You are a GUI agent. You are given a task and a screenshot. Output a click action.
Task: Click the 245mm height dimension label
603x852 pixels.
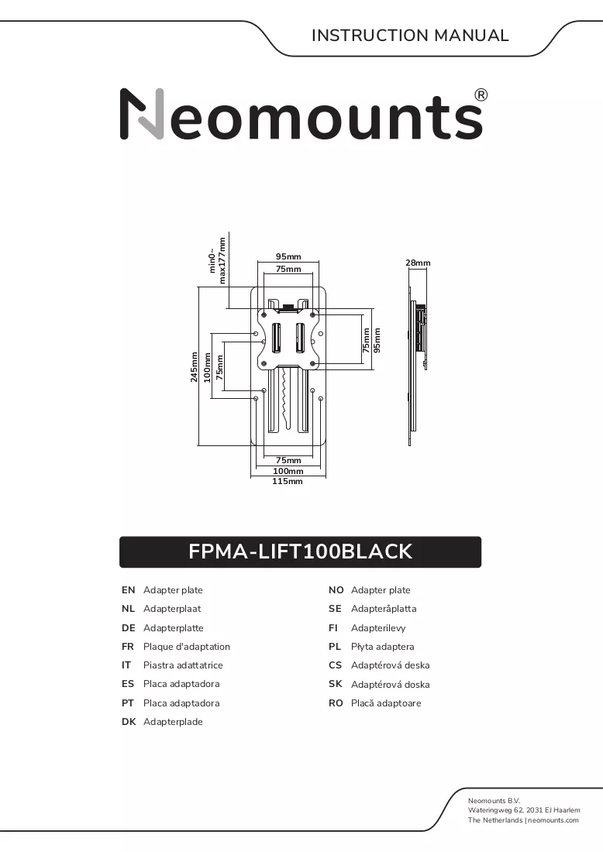click(194, 367)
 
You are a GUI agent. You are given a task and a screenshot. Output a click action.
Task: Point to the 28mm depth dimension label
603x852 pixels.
click(418, 263)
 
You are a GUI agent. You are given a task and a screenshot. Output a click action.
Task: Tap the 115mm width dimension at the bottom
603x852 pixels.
click(288, 482)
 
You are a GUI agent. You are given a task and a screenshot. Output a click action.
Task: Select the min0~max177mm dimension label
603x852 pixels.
click(217, 261)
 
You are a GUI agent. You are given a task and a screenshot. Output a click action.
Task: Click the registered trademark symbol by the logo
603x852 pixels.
click(481, 95)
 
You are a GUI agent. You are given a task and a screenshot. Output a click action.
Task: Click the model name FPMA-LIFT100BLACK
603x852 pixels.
click(300, 551)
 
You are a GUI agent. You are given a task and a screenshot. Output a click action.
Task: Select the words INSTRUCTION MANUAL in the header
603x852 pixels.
click(410, 36)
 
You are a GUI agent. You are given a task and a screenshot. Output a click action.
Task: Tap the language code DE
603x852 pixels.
click(129, 628)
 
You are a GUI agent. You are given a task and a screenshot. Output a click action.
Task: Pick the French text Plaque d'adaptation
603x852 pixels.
click(187, 647)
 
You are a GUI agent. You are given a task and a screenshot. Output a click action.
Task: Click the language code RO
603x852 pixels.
click(336, 703)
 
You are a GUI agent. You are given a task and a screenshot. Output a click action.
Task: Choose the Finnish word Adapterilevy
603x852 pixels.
click(378, 628)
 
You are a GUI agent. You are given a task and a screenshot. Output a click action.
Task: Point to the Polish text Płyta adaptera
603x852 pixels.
click(383, 647)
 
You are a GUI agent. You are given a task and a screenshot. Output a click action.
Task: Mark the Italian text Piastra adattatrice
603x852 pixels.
click(183, 665)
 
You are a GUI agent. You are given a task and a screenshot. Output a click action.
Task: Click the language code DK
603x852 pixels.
click(129, 722)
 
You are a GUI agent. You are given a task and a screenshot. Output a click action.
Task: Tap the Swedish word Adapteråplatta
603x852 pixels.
click(384, 609)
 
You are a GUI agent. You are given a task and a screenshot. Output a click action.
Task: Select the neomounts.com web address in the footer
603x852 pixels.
click(553, 820)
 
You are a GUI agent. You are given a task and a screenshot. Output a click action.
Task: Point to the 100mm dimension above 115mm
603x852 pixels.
click(288, 471)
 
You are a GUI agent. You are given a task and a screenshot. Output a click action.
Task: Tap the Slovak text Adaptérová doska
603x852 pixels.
click(391, 685)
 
